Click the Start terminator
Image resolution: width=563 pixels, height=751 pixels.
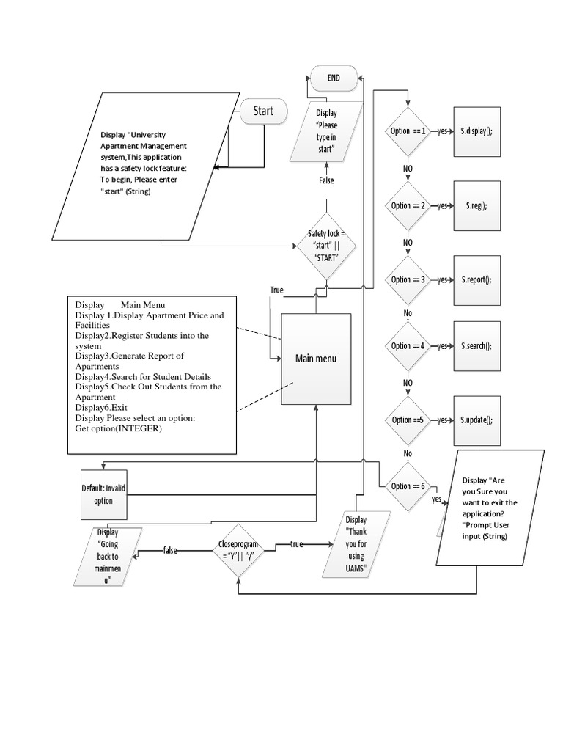tap(263, 111)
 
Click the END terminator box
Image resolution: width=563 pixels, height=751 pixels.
tap(334, 78)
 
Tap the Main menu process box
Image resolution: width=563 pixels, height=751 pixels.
tap(316, 359)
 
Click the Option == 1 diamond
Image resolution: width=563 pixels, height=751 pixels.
tap(408, 131)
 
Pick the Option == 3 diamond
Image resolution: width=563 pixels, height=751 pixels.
tap(408, 279)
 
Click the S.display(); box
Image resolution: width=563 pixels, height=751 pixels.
tap(476, 131)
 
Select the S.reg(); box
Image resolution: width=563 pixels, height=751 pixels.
tap(476, 206)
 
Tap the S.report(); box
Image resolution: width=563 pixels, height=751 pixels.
tap(476, 279)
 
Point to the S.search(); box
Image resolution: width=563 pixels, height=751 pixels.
tap(476, 345)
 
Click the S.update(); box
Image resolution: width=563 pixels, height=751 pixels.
tap(476, 420)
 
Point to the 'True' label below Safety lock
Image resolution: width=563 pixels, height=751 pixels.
tap(276, 290)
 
